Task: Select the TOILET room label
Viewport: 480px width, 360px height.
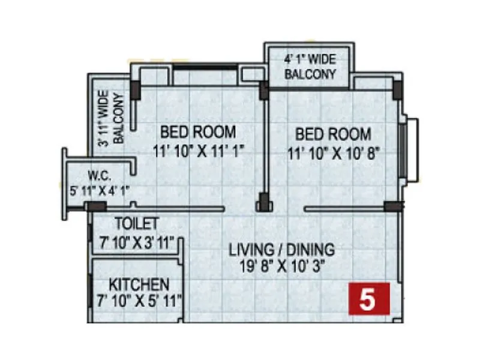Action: (137, 224)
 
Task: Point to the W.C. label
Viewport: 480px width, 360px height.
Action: (98, 177)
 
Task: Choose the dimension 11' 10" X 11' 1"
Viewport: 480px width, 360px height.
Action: (198, 151)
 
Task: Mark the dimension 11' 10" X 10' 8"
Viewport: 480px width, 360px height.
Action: (334, 152)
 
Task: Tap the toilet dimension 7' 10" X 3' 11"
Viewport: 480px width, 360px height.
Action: (137, 241)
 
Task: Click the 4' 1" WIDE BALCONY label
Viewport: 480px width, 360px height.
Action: (310, 67)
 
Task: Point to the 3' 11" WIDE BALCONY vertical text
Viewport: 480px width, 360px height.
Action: (111, 118)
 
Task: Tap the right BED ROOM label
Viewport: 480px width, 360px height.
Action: (333, 134)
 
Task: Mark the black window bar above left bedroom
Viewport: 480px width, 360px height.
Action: (205, 67)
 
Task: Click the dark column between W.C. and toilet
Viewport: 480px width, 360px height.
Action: (95, 206)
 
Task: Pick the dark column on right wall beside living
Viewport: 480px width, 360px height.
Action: (394, 206)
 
